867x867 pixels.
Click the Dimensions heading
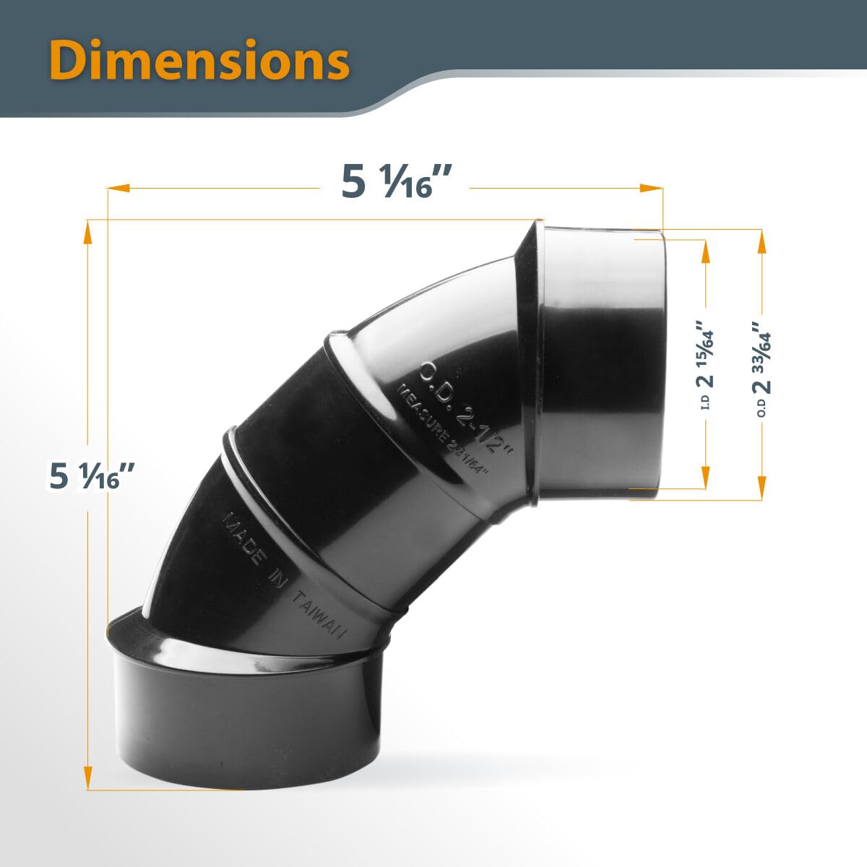coord(200,61)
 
